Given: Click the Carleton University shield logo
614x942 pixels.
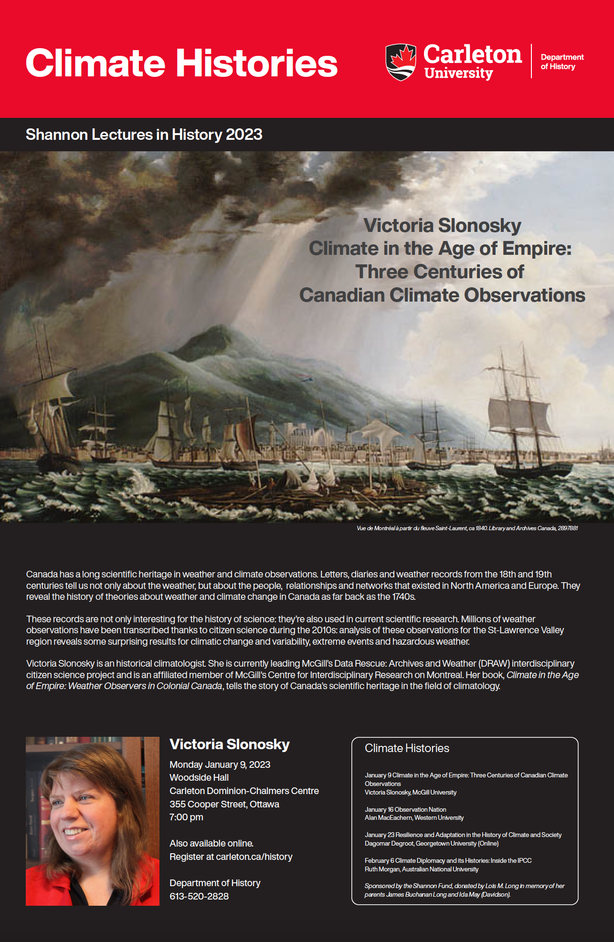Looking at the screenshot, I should [x=401, y=62].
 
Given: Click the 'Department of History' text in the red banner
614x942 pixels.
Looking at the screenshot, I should [x=562, y=62].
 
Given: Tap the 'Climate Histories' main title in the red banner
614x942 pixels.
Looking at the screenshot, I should [x=181, y=63].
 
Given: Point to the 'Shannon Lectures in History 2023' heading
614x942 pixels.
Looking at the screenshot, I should [x=144, y=135].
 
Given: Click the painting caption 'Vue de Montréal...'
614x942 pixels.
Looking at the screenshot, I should [x=467, y=528].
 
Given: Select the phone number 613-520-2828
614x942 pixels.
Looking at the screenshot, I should [x=199, y=896].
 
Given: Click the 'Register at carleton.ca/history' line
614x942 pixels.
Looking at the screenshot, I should [x=231, y=857].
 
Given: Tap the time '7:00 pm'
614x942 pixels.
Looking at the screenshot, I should [x=186, y=817].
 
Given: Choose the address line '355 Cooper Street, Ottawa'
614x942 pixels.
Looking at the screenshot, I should [x=224, y=804].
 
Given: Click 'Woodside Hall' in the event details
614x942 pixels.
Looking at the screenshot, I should [x=199, y=777].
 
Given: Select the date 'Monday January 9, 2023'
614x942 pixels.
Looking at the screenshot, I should [x=220, y=764].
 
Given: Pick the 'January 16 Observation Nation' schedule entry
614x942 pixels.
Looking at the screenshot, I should [x=405, y=809].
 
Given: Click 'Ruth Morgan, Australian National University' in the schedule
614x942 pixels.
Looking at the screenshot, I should [x=421, y=869].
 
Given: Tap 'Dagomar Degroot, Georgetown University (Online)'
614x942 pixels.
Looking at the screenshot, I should [x=431, y=843].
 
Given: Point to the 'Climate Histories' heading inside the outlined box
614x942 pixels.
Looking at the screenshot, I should [x=407, y=748].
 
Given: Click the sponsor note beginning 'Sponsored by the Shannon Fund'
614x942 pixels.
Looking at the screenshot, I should [x=464, y=890].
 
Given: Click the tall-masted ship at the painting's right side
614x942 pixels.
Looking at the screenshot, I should [x=523, y=420].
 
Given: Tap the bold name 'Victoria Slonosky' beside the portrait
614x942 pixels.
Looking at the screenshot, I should [x=230, y=744].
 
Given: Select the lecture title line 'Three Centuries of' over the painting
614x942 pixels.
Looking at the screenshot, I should [x=439, y=272].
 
